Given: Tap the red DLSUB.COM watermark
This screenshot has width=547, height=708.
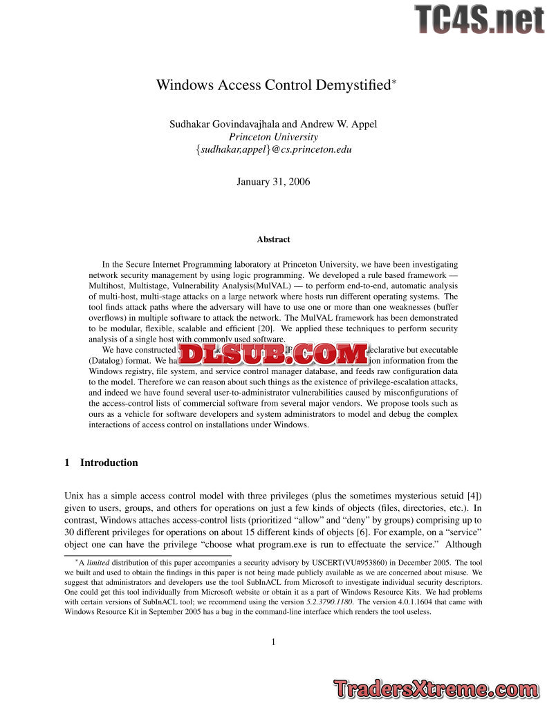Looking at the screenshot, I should [x=273, y=355].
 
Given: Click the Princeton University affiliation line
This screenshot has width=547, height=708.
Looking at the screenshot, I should [x=273, y=137].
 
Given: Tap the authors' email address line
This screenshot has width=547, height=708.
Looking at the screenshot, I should [x=274, y=149].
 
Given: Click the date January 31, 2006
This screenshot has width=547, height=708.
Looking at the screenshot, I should [x=273, y=182].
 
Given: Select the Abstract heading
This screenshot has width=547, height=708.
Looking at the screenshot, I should [x=273, y=239].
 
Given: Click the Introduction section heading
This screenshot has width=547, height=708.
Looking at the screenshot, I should [x=109, y=463].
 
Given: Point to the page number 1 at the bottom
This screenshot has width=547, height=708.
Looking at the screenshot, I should [x=273, y=642].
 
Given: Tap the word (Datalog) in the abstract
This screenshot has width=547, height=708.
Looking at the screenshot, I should [x=109, y=360].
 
